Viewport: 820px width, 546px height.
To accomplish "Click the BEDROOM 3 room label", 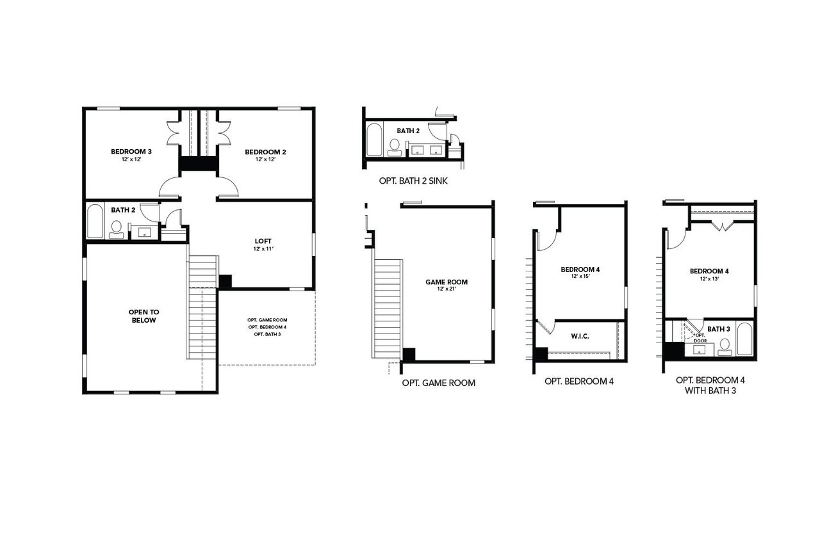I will [x=131, y=152].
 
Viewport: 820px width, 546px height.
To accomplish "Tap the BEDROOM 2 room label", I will [x=265, y=152].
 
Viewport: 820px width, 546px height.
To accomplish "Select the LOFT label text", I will [x=263, y=241].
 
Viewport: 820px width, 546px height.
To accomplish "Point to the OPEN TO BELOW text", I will [x=144, y=316].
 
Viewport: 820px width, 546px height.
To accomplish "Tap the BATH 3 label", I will [x=719, y=329].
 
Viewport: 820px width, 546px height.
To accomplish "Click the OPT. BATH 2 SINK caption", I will [x=413, y=181].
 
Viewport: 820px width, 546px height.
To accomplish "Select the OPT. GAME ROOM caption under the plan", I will [x=439, y=383].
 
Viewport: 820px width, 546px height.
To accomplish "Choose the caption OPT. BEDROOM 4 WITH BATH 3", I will [x=710, y=384].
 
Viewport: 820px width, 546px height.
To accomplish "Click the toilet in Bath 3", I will [x=725, y=346].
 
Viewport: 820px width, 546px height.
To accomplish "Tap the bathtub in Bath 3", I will [x=745, y=339].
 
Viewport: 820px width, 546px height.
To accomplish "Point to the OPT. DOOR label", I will [x=700, y=337].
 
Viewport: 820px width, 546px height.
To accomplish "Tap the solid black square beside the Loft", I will [x=225, y=282].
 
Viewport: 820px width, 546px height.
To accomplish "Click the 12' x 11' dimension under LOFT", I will [x=263, y=249].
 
